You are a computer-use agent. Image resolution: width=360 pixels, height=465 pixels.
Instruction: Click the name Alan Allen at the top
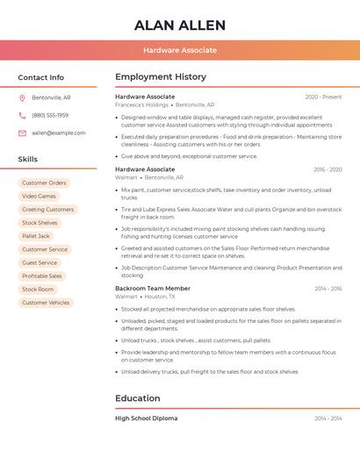point(180,25)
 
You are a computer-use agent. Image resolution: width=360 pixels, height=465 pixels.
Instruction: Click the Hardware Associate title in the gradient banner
point(180,50)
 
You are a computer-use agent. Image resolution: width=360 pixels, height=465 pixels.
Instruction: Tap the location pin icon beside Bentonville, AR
point(22,97)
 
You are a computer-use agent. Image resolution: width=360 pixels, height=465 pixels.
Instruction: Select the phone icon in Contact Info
point(22,115)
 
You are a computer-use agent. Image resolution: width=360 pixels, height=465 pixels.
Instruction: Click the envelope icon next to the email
point(22,132)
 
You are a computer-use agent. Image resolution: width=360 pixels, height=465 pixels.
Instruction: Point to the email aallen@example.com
point(59,132)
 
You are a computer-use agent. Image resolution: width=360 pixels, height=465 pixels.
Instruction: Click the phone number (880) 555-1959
point(50,115)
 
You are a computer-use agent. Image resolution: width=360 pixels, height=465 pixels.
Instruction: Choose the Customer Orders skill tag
point(44,183)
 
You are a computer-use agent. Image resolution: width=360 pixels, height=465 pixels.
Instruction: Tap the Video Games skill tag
point(39,197)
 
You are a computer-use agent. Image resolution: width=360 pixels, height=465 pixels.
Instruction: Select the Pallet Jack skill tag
point(36,236)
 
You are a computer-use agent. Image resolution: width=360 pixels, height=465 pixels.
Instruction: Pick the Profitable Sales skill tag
point(42,276)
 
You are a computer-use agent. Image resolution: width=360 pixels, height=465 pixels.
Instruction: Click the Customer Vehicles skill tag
point(46,303)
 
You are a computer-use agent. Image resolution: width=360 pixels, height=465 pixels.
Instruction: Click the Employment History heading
point(161,77)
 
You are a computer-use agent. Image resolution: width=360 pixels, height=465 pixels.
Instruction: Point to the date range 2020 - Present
point(323,97)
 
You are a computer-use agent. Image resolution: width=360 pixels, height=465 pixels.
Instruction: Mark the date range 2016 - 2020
point(328,169)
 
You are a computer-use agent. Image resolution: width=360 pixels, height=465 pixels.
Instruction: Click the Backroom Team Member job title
point(153,289)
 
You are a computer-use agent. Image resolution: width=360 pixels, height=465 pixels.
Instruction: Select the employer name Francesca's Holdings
point(141,104)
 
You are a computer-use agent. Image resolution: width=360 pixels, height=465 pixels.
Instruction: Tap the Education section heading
point(137,398)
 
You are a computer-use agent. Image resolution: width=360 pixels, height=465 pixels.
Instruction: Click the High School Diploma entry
point(146,418)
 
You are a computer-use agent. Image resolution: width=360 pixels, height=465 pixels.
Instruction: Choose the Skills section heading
point(28,159)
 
